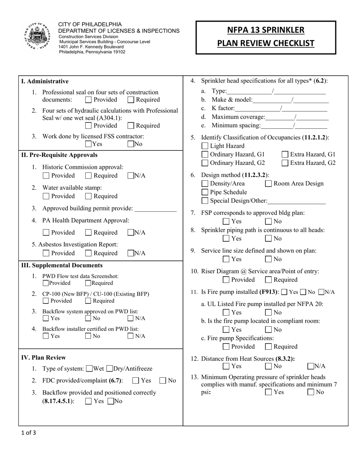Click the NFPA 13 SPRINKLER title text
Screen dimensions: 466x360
[x=266, y=30]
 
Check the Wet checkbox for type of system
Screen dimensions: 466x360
[x=90, y=369]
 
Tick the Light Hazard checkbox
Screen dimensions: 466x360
[x=205, y=146]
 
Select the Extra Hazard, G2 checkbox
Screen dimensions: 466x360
[x=285, y=163]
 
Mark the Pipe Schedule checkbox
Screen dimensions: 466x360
[x=205, y=192]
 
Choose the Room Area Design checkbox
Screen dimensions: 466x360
[x=268, y=184]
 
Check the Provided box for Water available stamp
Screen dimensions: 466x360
[x=46, y=196]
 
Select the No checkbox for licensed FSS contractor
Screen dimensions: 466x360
[x=131, y=144]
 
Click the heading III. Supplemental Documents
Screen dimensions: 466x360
[x=62, y=265]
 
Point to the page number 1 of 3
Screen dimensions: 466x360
[x=29, y=433]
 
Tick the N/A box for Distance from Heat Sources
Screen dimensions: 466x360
[x=311, y=366]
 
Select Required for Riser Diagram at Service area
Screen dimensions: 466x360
[x=268, y=280]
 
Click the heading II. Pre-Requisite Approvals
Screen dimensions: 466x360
[x=59, y=155]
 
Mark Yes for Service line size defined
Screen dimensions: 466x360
[x=226, y=260]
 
